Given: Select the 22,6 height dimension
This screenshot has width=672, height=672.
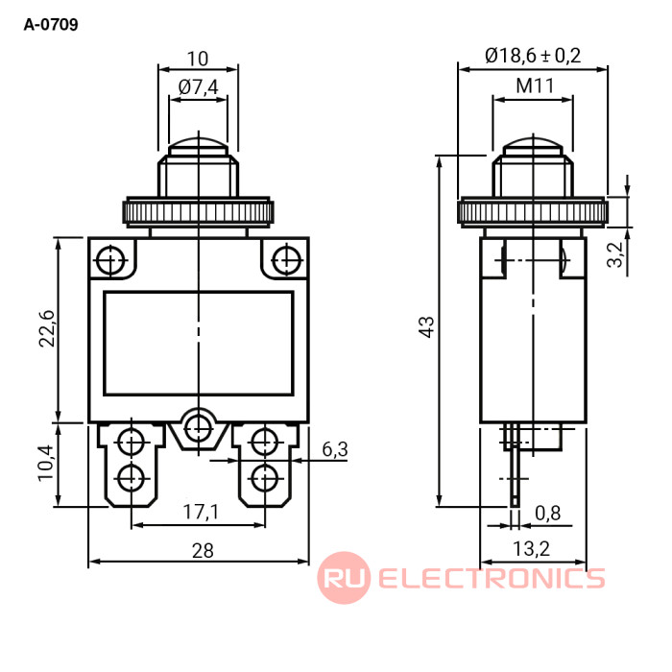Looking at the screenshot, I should tap(47, 329).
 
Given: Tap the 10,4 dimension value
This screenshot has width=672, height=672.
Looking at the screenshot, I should tap(47, 465).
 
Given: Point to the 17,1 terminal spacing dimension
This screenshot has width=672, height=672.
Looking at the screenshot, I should tap(200, 512).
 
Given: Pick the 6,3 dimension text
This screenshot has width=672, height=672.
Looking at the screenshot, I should tap(334, 448).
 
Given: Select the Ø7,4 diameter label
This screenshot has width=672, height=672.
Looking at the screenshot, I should tap(199, 87).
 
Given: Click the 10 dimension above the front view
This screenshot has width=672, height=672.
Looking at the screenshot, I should tap(198, 57).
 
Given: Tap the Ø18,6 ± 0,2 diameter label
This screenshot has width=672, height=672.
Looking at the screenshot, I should tap(534, 56).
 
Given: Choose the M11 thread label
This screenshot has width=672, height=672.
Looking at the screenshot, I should tap(535, 85).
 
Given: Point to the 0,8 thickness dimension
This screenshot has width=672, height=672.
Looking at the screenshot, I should tap(548, 514).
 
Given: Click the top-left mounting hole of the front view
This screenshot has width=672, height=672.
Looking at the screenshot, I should tap(111, 259).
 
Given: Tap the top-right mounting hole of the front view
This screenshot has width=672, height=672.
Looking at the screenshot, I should tap(285, 259).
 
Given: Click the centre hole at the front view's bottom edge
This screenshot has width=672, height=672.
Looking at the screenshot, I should tap(199, 426).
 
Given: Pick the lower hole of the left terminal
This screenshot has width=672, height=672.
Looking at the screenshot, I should tap(131, 476).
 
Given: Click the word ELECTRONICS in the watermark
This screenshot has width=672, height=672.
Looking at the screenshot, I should tap(492, 578).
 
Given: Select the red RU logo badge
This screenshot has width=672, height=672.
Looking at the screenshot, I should tap(343, 578).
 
